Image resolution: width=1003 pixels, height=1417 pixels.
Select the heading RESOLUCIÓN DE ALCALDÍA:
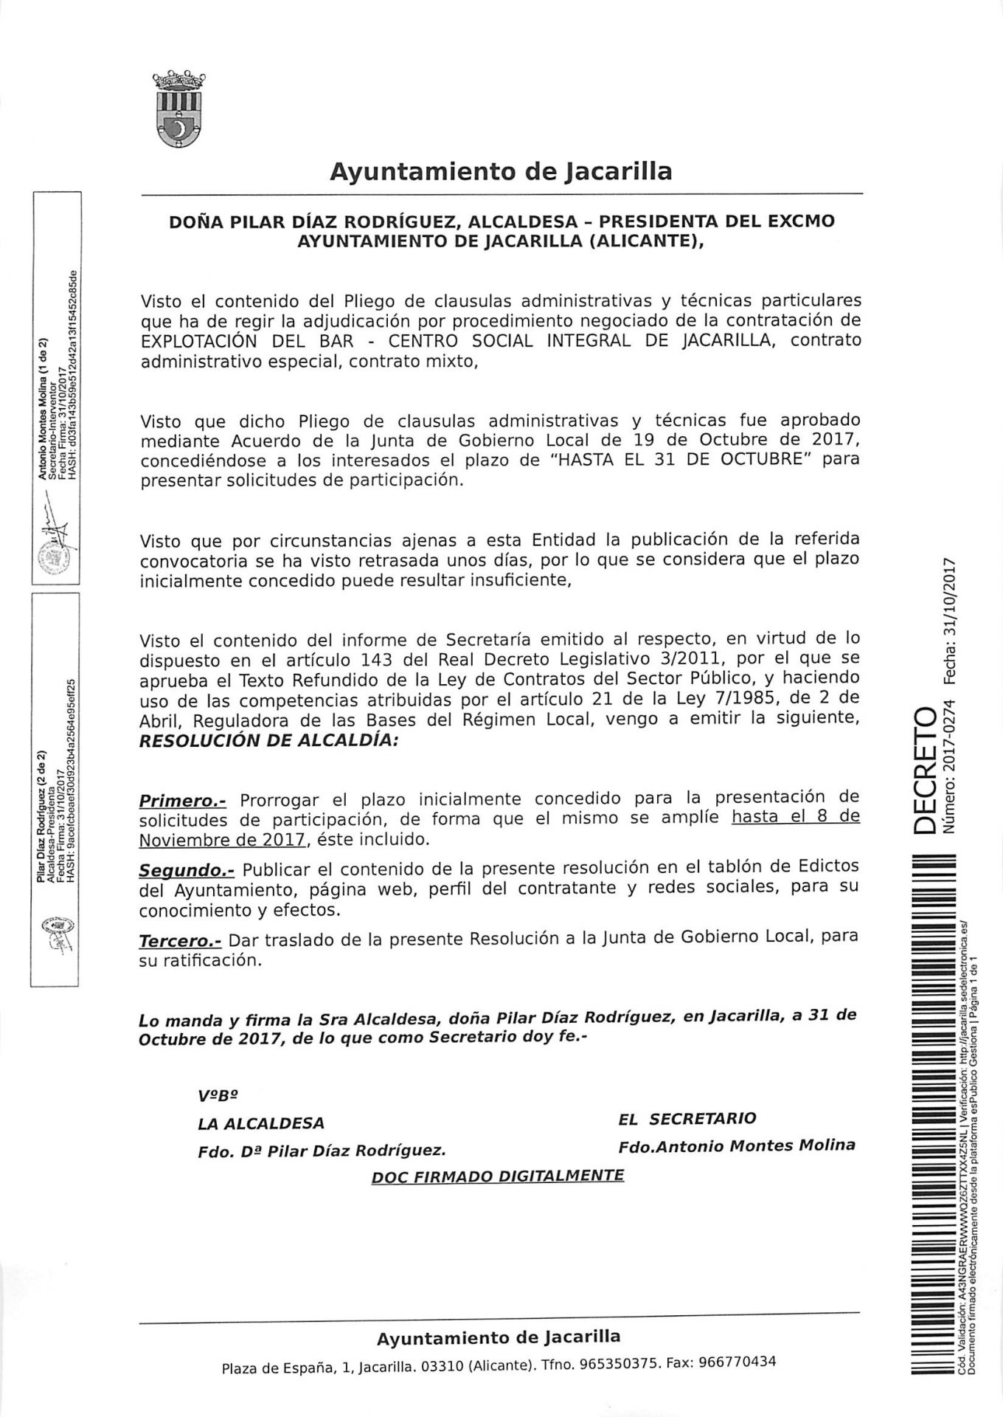point(268,741)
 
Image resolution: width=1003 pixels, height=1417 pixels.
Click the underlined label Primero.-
point(183,800)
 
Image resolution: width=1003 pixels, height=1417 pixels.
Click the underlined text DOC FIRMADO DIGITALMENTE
point(498,1175)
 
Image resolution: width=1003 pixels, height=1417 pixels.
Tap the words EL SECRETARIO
point(687,1118)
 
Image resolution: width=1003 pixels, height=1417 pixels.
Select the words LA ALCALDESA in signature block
point(261,1123)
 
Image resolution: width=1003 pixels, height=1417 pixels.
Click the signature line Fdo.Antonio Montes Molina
point(737,1146)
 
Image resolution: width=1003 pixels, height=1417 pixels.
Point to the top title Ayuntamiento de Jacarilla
point(501,171)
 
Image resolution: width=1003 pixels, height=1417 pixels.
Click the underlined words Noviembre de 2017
point(222,840)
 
